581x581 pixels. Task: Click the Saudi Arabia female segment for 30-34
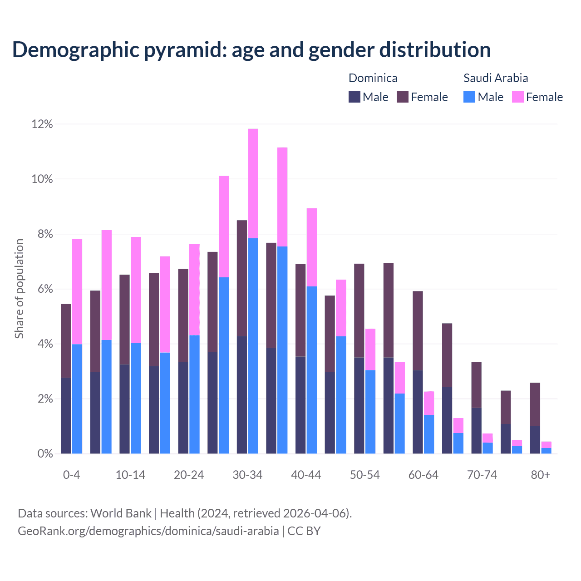253,183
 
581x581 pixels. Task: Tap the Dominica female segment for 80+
535,404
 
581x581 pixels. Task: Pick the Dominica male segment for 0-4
66,415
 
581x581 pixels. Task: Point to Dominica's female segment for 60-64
418,330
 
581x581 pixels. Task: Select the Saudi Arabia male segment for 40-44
312,370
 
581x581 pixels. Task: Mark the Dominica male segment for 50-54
359,405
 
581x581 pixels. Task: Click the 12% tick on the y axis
42,124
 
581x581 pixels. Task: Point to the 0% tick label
45,453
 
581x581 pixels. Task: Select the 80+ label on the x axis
540,475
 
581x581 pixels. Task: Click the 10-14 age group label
130,475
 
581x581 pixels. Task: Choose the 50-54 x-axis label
365,475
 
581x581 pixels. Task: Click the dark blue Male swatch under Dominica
355,97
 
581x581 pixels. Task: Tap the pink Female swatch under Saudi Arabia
518,97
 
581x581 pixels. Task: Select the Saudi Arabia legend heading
496,78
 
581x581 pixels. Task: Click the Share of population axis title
19,289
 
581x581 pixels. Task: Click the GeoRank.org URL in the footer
148,531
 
